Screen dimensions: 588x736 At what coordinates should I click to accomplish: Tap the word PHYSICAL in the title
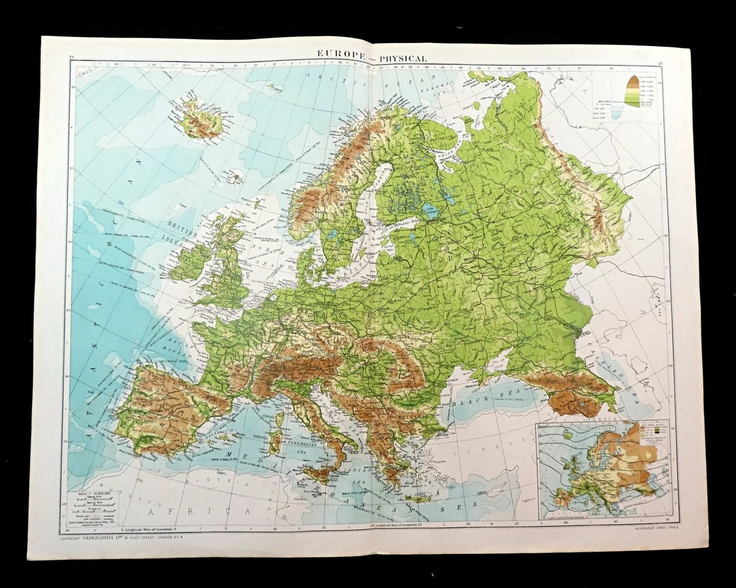[402, 58]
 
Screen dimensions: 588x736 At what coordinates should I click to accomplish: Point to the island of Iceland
[197, 119]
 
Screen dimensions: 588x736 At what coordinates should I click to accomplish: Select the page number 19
[72, 57]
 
